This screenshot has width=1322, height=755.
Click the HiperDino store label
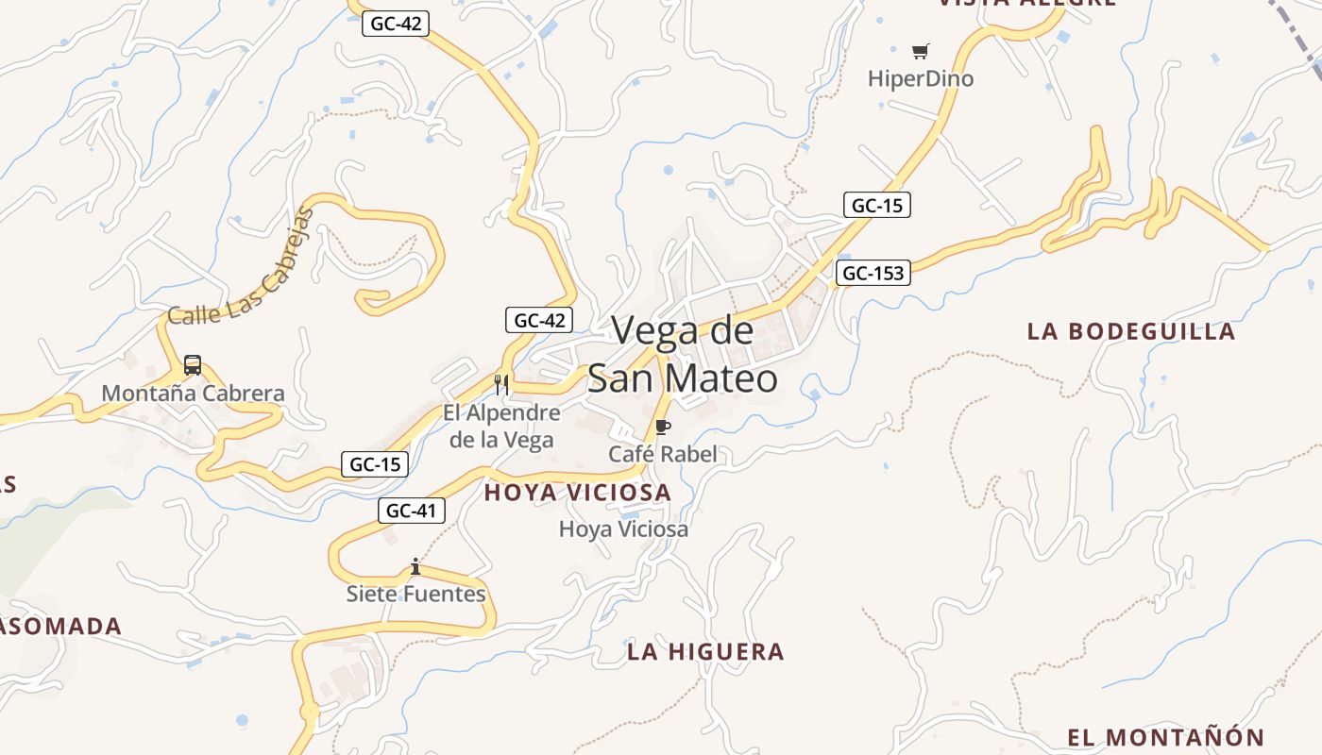pos(920,78)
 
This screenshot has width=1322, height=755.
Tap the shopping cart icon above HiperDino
pos(920,51)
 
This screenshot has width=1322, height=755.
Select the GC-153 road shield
pos(873,274)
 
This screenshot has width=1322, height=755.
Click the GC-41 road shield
pos(412,511)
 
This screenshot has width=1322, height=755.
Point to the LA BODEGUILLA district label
pos(1130,331)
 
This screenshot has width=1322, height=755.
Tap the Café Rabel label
pos(662,454)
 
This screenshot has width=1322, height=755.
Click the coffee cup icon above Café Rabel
pos(662,428)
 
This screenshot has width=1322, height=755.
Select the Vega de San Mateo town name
pos(683,355)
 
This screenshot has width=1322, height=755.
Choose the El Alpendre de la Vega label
pos(501,426)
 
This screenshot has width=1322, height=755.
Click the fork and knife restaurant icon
pos(501,384)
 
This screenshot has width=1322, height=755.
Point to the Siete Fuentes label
pos(415,594)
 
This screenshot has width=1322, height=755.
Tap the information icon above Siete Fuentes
pos(415,566)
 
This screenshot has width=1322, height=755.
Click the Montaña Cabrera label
pos(193,393)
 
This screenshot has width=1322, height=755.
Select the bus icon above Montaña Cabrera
pos(193,365)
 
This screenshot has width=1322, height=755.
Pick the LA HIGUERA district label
pos(705,651)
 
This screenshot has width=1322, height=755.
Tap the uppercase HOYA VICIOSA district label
pos(577,492)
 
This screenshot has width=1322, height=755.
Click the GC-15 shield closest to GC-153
pos(877,205)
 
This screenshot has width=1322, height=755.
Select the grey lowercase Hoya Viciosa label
pos(623,529)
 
